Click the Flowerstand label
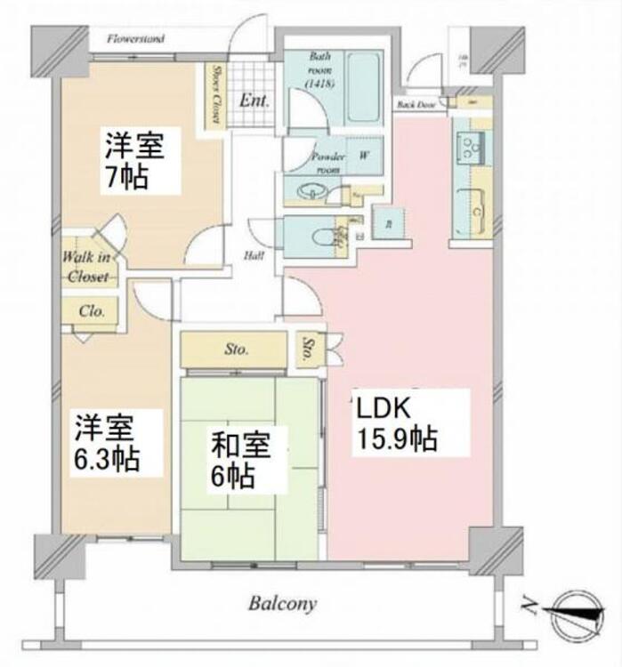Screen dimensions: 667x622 (x=135, y=39)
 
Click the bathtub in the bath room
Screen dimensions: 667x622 (x=364, y=86)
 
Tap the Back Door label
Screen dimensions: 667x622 (x=416, y=105)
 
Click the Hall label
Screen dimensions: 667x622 (x=252, y=257)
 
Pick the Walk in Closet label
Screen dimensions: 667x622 (x=85, y=267)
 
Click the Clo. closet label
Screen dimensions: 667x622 (x=92, y=311)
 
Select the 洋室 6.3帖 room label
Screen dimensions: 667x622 (x=106, y=443)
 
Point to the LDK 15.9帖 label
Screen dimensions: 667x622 (x=397, y=424)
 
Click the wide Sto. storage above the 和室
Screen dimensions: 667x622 (x=236, y=349)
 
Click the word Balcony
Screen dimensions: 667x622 (x=282, y=604)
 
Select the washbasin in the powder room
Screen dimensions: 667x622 (x=311, y=190)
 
